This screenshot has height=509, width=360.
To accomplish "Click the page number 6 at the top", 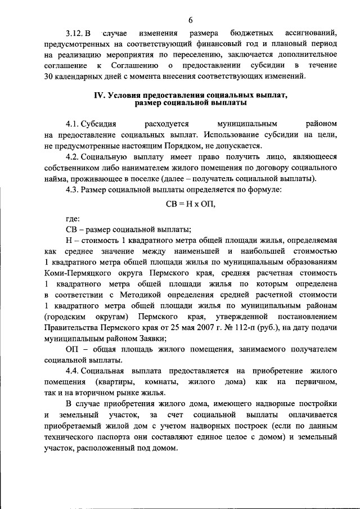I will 191,20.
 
